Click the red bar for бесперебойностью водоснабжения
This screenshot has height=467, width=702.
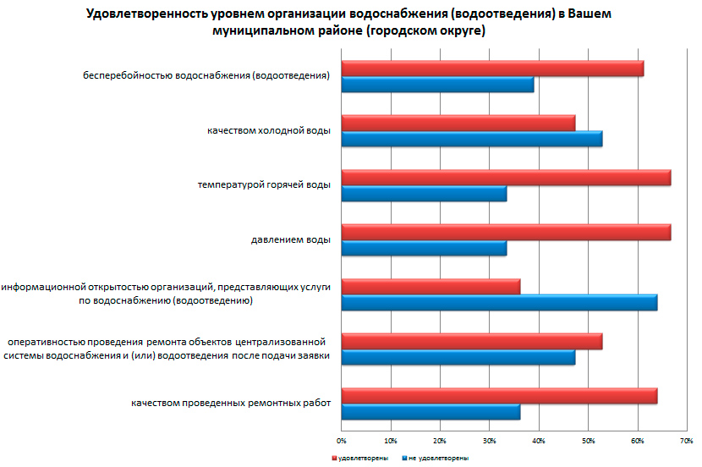(492, 69)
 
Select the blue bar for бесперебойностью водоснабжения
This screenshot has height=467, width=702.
(437, 85)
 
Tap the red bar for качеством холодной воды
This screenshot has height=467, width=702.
(458, 123)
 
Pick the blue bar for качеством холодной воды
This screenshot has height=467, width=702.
(471, 139)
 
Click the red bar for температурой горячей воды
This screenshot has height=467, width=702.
(506, 177)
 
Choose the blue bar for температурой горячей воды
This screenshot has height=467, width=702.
(424, 194)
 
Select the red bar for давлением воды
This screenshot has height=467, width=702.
(506, 232)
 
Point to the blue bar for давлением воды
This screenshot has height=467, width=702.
(424, 248)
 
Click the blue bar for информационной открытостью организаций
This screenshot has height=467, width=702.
(499, 303)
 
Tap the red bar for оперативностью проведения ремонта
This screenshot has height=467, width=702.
(471, 341)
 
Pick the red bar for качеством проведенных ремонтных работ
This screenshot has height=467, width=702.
(499, 395)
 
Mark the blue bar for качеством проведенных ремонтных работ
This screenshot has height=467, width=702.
(431, 412)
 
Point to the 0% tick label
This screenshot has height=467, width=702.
(341, 441)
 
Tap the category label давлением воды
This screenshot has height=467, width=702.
(290, 240)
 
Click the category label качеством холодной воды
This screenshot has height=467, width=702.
(268, 131)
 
